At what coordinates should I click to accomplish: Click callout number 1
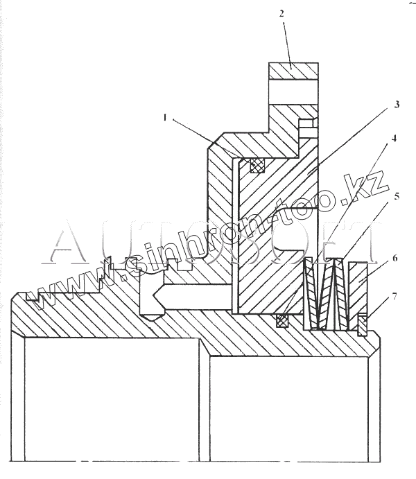point(164,119)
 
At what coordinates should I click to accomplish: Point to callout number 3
point(397,105)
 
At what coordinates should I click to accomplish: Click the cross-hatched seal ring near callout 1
point(257,165)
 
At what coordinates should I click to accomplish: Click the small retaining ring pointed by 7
point(362,324)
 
